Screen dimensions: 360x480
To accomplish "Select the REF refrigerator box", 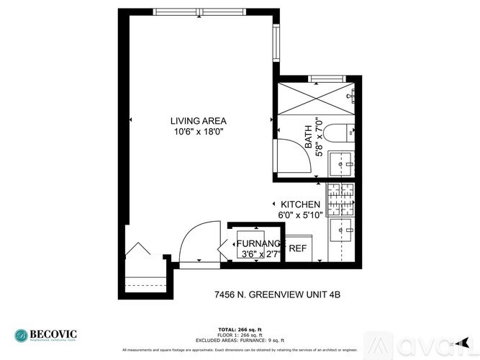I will pos(297,248).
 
